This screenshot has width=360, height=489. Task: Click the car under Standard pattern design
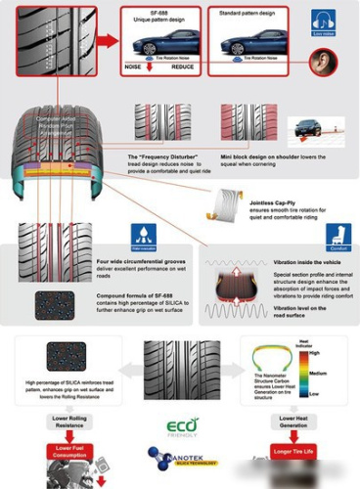pyautogui.click(x=251, y=45)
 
